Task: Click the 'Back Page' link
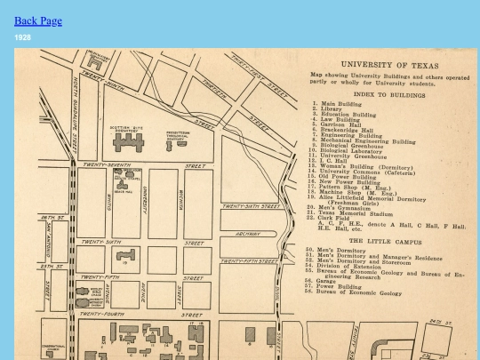coord(38,20)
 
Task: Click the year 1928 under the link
coord(23,37)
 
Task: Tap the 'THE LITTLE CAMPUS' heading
coord(380,241)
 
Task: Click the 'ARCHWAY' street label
coord(249,235)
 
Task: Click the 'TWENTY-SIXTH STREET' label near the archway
coord(251,206)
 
